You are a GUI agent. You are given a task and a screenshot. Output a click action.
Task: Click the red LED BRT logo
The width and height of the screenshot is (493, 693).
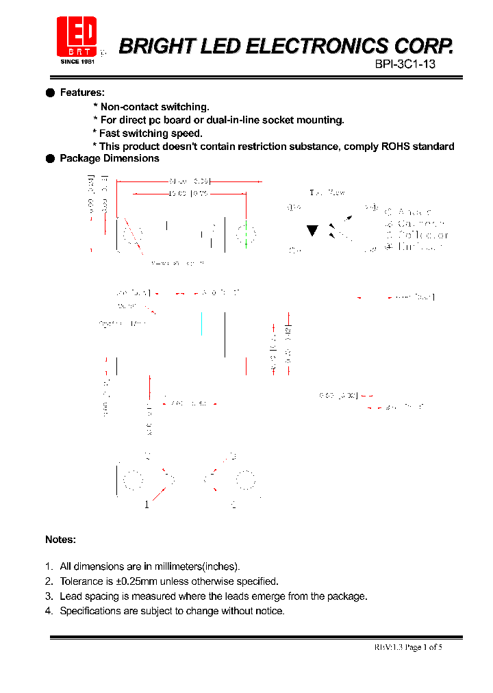76,36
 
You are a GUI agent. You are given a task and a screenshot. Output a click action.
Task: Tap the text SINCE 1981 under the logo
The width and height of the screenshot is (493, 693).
77,62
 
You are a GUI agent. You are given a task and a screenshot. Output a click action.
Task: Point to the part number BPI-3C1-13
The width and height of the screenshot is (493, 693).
405,64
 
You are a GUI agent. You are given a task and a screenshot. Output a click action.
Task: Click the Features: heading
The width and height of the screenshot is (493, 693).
82,92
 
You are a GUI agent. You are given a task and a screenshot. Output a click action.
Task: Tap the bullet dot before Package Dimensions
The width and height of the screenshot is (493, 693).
50,158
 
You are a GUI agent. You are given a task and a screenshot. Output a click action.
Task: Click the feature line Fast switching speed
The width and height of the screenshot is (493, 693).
151,134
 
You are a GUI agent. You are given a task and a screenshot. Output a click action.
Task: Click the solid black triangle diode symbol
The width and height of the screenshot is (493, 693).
312,231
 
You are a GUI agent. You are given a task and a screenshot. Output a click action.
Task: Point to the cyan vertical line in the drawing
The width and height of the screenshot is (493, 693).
201,324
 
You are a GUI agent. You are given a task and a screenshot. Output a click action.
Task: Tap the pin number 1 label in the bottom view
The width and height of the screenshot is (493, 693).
147,505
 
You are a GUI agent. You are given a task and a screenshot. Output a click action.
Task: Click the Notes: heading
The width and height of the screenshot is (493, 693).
60,540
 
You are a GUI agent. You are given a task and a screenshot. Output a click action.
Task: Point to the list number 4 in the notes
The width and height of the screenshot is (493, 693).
49,611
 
